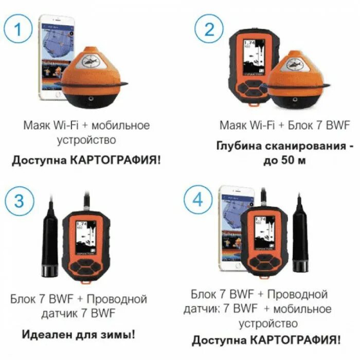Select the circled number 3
(x=19, y=201)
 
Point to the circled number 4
(x=198, y=201)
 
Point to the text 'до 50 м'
(x=285, y=160)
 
